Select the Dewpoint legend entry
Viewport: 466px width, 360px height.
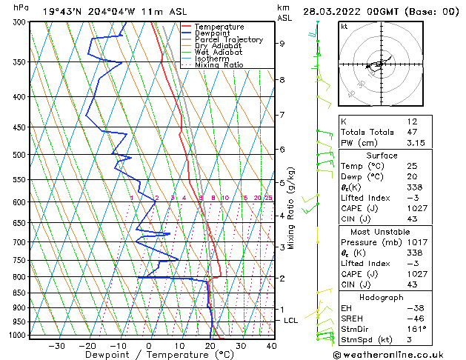(x=213, y=33)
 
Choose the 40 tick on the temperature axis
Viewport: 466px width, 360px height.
(x=271, y=345)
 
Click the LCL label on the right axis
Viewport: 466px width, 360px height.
(x=291, y=320)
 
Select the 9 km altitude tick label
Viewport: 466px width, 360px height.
(x=282, y=44)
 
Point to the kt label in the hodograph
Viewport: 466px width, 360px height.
(x=344, y=26)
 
